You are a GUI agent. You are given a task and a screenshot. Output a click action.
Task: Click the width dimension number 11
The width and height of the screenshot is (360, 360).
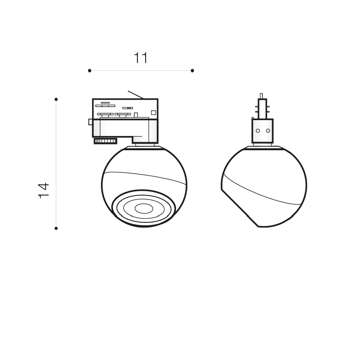coord(140,58)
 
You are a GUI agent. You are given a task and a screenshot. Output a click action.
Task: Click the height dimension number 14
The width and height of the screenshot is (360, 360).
coord(44,191)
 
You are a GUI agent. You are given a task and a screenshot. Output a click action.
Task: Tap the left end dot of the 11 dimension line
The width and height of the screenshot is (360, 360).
coord(90,70)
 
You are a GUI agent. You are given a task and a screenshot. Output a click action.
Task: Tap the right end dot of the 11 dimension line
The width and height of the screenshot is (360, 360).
coord(192,70)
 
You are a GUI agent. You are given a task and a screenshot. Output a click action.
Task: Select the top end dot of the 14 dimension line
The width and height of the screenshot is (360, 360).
coord(56,99)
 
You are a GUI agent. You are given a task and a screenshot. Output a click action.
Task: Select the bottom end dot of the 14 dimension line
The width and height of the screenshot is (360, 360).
coord(56,228)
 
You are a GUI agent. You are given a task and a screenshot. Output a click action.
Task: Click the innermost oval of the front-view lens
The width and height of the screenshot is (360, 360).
coord(144,208)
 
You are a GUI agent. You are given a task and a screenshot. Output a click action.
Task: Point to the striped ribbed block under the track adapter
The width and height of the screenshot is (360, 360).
coord(105,141)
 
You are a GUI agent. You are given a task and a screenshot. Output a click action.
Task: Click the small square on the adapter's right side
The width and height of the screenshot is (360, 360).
coord(154,112)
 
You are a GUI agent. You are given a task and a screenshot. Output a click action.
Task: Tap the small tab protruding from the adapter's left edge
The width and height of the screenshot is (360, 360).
coord(90,122)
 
